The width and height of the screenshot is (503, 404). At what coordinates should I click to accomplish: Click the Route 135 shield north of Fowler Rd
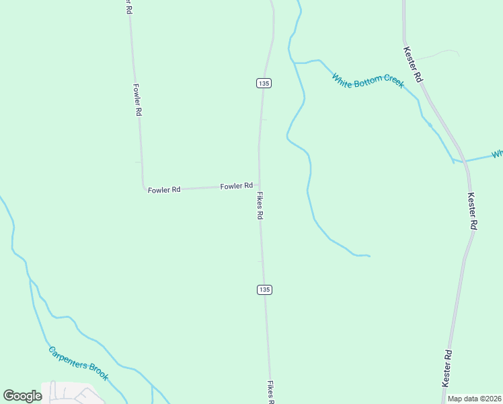point(264,83)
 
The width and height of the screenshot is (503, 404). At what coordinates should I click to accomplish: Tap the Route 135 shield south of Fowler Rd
point(264,290)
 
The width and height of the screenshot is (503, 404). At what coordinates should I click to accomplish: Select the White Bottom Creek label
point(367,79)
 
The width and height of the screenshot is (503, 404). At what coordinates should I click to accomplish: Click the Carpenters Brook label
point(78,363)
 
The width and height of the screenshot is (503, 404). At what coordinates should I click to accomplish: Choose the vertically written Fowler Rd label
point(137,100)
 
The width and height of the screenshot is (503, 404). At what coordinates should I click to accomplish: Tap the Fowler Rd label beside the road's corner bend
point(164,190)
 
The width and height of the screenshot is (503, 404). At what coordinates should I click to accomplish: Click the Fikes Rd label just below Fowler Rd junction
point(260,206)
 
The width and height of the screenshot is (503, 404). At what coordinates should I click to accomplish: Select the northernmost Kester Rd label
point(413,65)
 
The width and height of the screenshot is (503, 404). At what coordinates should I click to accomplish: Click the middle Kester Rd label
point(472,211)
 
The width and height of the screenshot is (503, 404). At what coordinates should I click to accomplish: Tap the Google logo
point(22,395)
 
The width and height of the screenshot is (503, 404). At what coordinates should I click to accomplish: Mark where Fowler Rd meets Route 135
point(260,185)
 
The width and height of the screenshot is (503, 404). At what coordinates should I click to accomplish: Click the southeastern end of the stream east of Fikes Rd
point(369,256)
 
